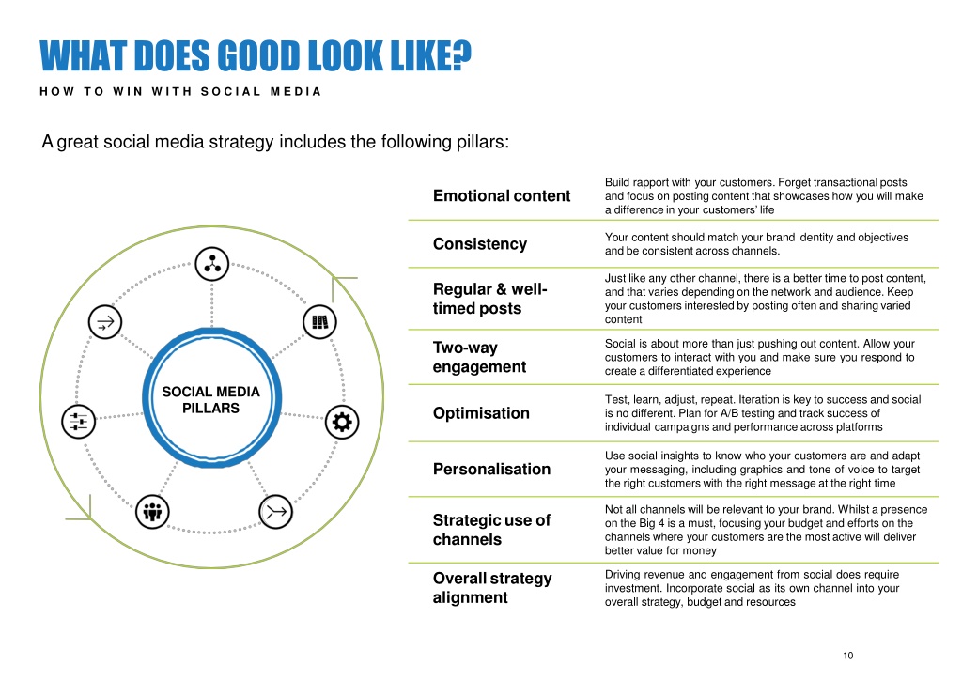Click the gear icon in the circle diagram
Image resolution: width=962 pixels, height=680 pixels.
[x=342, y=422]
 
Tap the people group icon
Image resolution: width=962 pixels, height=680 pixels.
[x=152, y=511]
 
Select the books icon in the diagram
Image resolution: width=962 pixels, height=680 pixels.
[x=319, y=322]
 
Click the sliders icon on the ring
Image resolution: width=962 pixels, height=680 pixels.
[x=79, y=422]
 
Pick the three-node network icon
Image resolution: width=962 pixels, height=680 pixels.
[x=212, y=264]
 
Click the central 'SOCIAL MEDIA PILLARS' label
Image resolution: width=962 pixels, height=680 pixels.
[x=211, y=400]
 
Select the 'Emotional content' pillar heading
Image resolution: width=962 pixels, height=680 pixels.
[x=502, y=195]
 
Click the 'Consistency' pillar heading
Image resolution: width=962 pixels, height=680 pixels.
[x=480, y=244]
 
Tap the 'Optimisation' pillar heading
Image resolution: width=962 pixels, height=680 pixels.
[x=481, y=413]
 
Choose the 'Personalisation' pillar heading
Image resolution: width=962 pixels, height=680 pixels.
[x=491, y=469]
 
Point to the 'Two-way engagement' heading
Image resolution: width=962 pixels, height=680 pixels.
[x=479, y=357]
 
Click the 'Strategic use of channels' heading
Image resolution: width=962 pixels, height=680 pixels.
[x=491, y=530]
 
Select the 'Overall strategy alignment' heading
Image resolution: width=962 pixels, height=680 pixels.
[x=492, y=588]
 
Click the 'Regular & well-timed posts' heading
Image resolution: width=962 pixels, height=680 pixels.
[x=489, y=299]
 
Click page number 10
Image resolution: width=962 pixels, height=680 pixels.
[x=848, y=656]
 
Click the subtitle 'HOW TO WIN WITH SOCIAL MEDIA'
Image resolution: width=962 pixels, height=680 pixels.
[x=180, y=91]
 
